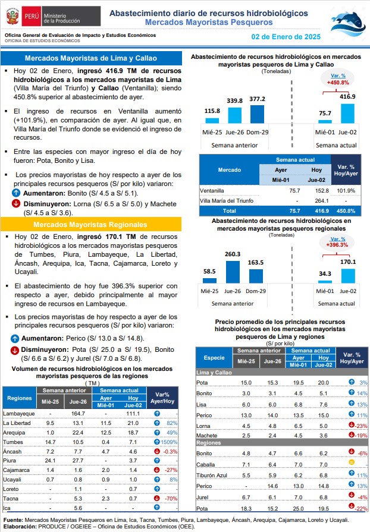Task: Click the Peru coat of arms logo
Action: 12,16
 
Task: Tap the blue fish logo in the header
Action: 348,24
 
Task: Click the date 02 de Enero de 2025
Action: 286,37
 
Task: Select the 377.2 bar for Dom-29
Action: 257,114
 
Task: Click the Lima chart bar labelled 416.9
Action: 347,114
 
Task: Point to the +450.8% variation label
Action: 338,83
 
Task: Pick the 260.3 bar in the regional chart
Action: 233,272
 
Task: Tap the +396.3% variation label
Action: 337,245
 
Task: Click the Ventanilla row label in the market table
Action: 212,191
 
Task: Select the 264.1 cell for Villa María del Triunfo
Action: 322,201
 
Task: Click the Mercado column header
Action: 230,169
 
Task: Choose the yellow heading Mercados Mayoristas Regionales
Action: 90,225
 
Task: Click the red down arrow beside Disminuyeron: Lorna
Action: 15,203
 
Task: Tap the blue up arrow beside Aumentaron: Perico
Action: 15,338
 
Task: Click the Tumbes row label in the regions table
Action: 13,442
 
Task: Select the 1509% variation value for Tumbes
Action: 169,442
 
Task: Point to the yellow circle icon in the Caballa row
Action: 352,462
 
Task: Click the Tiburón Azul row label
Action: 212,476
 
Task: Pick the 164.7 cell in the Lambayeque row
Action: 78,414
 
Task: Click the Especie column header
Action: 214,358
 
